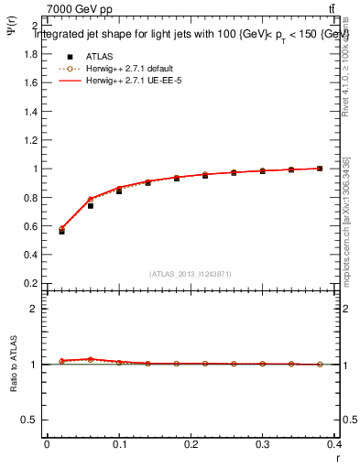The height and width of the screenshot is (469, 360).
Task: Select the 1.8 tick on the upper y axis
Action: tap(30, 53)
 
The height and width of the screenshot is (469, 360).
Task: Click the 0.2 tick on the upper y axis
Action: tap(30, 283)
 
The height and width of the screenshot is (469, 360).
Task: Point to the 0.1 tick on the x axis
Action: tap(119, 445)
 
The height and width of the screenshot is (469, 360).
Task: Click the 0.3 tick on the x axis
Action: tap(264, 445)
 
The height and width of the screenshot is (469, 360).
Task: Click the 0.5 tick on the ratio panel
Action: tap(30, 420)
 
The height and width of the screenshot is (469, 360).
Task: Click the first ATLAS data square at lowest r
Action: tap(61, 231)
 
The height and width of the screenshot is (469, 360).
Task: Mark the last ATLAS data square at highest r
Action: tap(320, 169)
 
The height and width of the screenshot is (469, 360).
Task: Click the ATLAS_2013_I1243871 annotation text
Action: tap(190, 273)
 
